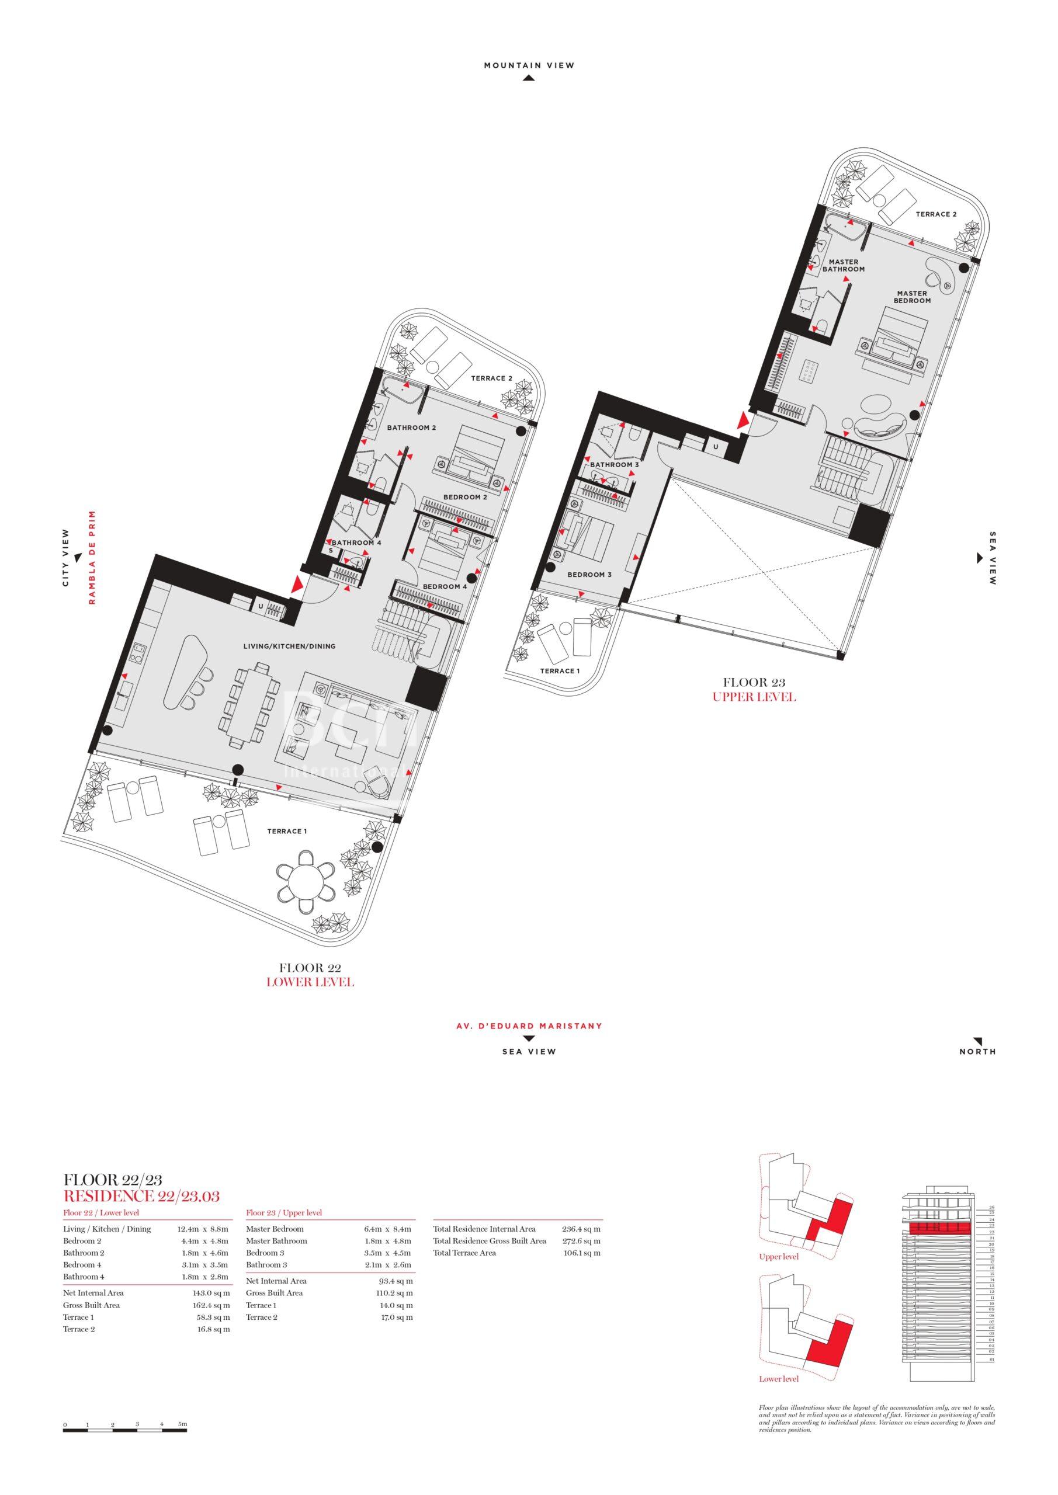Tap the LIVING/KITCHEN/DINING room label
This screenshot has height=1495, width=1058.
click(289, 646)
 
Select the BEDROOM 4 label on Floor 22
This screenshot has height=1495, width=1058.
click(445, 587)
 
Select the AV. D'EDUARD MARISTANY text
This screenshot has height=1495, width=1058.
click(529, 1026)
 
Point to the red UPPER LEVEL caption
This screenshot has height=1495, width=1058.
click(754, 697)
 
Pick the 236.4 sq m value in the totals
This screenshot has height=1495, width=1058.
click(581, 1229)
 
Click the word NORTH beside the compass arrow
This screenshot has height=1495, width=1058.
click(977, 1052)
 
